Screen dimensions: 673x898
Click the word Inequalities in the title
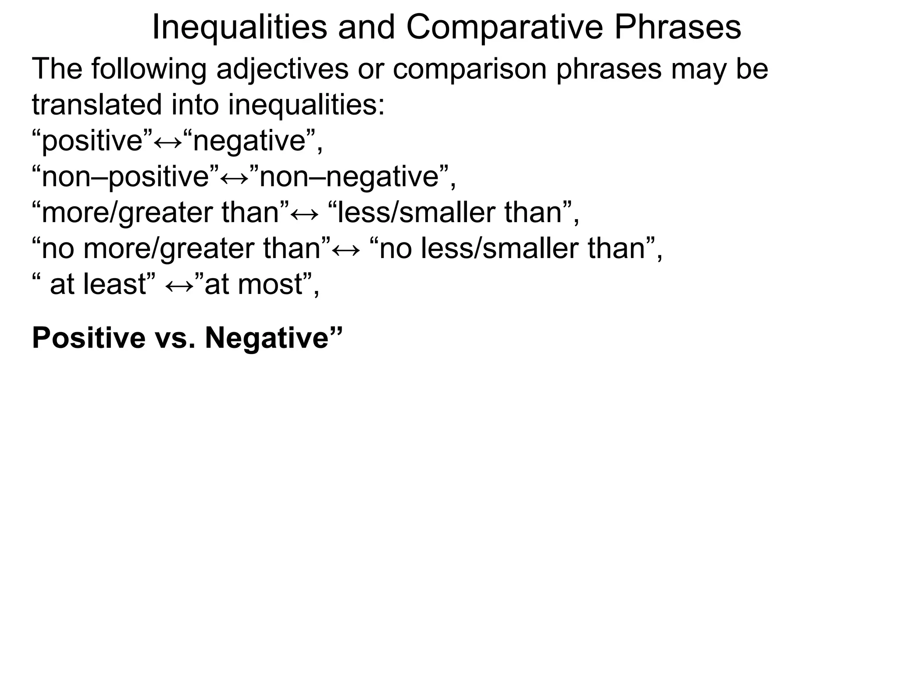pyautogui.click(x=239, y=27)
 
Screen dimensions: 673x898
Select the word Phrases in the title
pyautogui.click(x=677, y=27)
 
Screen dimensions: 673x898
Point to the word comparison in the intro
pyautogui.click(x=469, y=69)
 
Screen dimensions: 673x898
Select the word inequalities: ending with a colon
pyautogui.click(x=306, y=105)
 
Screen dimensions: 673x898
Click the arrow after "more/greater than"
pyautogui.click(x=305, y=213)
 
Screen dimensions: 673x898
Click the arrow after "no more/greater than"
pyautogui.click(x=346, y=249)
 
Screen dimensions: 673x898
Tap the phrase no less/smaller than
pyautogui.click(x=513, y=249)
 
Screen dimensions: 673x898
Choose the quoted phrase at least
pyautogui.click(x=98, y=285)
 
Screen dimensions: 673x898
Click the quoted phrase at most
pyautogui.click(x=254, y=285)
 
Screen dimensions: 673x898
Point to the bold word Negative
pyautogui.click(x=267, y=338)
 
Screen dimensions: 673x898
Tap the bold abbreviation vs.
pyautogui.click(x=175, y=338)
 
